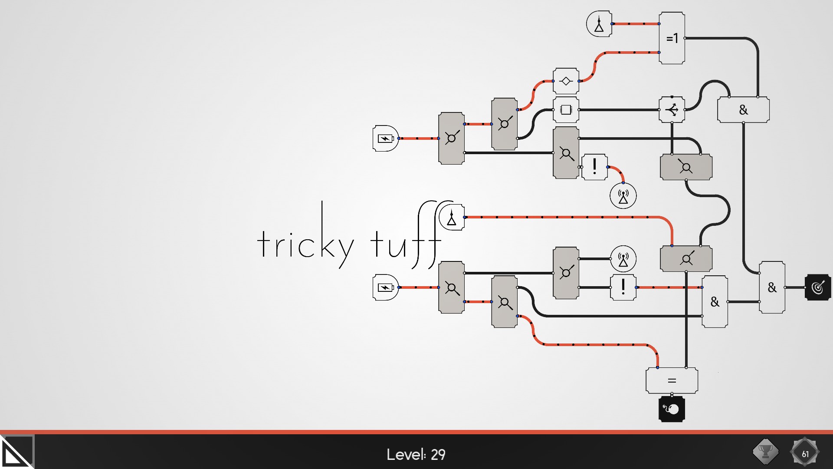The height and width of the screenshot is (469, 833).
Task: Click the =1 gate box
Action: (672, 38)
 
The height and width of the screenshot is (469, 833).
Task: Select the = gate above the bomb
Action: (672, 380)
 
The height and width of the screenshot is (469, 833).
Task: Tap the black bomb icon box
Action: (672, 409)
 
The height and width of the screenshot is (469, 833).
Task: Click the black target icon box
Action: (818, 287)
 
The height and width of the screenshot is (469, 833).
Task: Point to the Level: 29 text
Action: (416, 454)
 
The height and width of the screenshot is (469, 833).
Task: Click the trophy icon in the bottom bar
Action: (765, 452)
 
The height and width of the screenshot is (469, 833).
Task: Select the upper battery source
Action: (385, 138)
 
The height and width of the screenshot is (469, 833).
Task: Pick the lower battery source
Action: (385, 287)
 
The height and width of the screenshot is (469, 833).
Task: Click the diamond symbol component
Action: (566, 81)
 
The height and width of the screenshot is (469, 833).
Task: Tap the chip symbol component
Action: (566, 109)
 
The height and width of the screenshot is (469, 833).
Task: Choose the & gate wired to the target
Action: (772, 287)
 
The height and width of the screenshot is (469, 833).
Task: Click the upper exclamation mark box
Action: (594, 167)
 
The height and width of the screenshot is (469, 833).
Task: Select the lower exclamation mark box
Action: (623, 287)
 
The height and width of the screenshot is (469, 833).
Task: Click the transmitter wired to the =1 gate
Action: (599, 24)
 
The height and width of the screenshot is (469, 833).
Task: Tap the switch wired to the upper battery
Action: (451, 138)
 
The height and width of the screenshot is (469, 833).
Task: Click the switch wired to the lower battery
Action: (451, 287)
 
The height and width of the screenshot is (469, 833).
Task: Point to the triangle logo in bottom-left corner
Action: (16, 452)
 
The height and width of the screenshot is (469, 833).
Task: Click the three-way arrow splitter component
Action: (672, 109)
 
